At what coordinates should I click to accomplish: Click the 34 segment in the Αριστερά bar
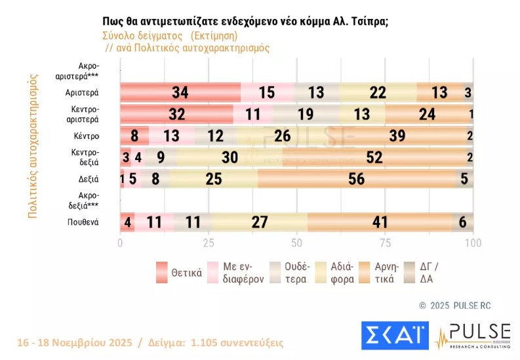(180, 92)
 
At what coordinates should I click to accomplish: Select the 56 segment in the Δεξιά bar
(357, 179)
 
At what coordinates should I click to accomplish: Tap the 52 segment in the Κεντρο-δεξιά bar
(374, 157)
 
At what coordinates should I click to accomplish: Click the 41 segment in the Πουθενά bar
(380, 222)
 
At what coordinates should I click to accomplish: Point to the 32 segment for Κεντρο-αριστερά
(176, 114)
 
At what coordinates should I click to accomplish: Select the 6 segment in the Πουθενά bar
(462, 222)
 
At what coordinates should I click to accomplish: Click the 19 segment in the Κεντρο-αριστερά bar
(306, 114)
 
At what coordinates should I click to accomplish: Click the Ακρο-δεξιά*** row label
(86, 201)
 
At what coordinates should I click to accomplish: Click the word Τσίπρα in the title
(369, 21)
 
